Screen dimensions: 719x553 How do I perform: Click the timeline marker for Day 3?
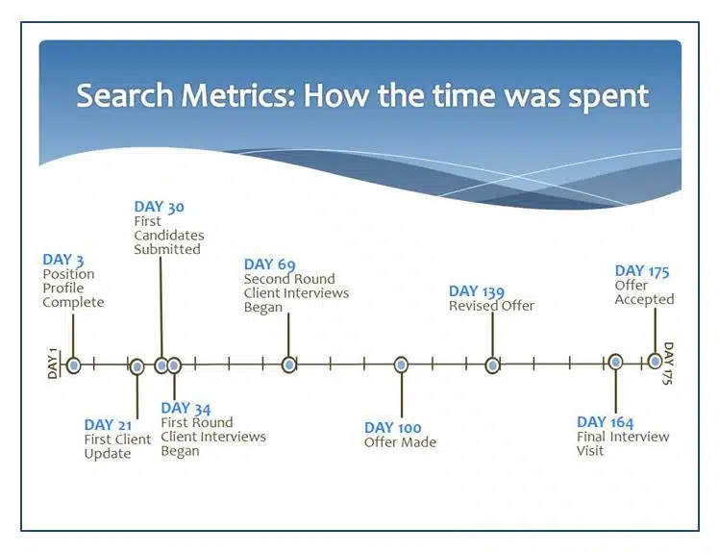pos(73,365)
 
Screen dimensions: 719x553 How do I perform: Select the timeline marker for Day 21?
pos(136,366)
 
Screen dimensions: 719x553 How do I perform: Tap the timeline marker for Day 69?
pos(289,364)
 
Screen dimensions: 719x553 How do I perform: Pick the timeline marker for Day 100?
pos(401,365)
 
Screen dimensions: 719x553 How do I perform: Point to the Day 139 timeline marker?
pos(492,365)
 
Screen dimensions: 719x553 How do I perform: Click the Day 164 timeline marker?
pos(615,362)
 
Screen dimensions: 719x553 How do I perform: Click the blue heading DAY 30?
pos(160,207)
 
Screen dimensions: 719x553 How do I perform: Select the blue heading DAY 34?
pos(186,408)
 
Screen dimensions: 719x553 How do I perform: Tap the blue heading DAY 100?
pos(392,428)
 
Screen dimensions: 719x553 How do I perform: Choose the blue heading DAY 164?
pos(605,422)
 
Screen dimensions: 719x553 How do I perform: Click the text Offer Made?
pos(400,442)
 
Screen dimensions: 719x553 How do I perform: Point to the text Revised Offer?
pos(491,306)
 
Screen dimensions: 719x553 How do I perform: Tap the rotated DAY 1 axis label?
pos(53,364)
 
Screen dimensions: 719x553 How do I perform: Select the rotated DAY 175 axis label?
pos(668,363)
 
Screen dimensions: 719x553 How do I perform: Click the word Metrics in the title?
pos(238,95)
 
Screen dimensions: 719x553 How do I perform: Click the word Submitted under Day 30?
pos(167,249)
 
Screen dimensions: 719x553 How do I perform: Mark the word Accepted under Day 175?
pos(644,300)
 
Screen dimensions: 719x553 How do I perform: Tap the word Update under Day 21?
pos(108,454)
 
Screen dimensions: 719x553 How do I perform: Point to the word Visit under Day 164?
pos(590,451)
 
